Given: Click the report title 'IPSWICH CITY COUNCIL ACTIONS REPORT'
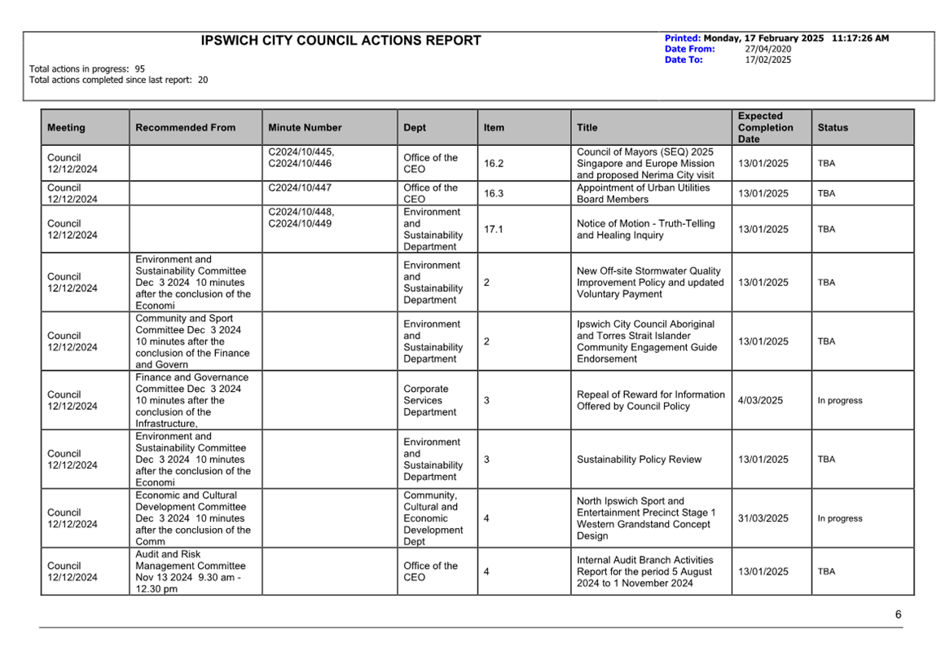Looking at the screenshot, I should (341, 41).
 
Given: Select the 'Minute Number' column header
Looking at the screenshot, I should (305, 128).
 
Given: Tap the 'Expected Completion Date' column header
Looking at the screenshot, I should (765, 128).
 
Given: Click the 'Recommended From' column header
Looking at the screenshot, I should (185, 128).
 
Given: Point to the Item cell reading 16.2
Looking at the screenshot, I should (494, 164).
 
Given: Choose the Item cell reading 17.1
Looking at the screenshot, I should (494, 230).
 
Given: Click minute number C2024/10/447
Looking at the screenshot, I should (301, 188).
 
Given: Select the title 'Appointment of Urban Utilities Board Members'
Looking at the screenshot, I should (643, 194).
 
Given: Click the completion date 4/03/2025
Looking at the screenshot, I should (760, 401).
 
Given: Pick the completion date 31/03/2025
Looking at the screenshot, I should (763, 519).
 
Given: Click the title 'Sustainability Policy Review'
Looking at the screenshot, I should (639, 460).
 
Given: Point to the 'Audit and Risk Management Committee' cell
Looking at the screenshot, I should (190, 572).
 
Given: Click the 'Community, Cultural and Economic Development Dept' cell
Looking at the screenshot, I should (433, 519).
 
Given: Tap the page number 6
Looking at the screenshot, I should (898, 615).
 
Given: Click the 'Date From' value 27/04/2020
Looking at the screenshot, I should (767, 49).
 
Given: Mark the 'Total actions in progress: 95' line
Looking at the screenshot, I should (87, 69).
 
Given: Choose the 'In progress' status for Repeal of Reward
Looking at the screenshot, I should (839, 401).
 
